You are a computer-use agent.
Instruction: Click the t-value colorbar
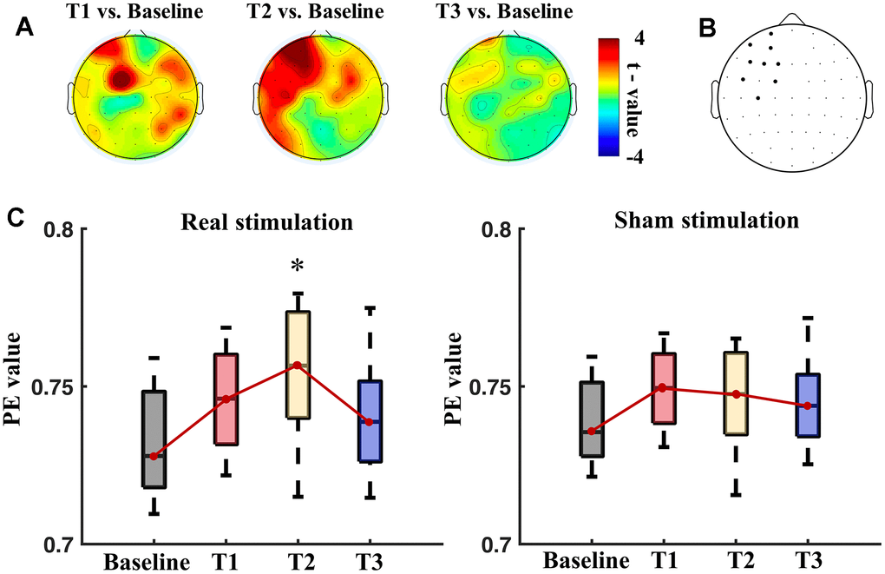coord(609,96)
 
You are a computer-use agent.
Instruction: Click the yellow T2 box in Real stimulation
coord(297,365)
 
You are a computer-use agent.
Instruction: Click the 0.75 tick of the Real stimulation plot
coord(56,387)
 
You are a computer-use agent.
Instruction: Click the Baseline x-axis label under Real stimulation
coord(147,560)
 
